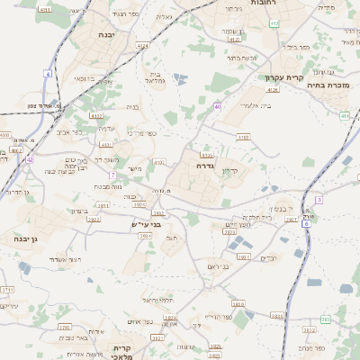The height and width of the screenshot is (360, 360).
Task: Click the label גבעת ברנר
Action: [x=242, y=57]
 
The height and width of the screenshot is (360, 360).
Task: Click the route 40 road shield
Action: [x=218, y=107]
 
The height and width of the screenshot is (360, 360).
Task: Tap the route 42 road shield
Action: [x=29, y=159]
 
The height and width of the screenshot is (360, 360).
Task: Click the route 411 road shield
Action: [x=346, y=115]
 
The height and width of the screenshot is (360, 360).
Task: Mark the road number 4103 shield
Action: [x=244, y=137]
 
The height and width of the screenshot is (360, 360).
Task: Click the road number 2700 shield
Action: [x=65, y=328]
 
